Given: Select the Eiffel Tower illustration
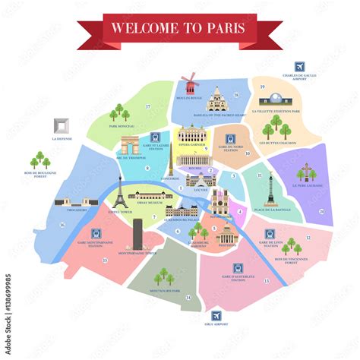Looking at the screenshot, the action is tap(119, 195).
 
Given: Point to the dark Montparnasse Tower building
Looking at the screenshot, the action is tap(137, 232).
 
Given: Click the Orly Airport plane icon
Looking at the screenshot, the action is tap(218, 315).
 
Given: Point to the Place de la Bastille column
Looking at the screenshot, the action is tap(270, 186).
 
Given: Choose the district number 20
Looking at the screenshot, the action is tap(321, 211).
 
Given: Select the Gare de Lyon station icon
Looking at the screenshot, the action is tap(270, 234).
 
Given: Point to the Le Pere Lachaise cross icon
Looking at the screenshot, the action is tap(307, 173).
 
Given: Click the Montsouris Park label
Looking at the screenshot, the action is tap(164, 290).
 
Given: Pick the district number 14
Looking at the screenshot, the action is tap(188, 298).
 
